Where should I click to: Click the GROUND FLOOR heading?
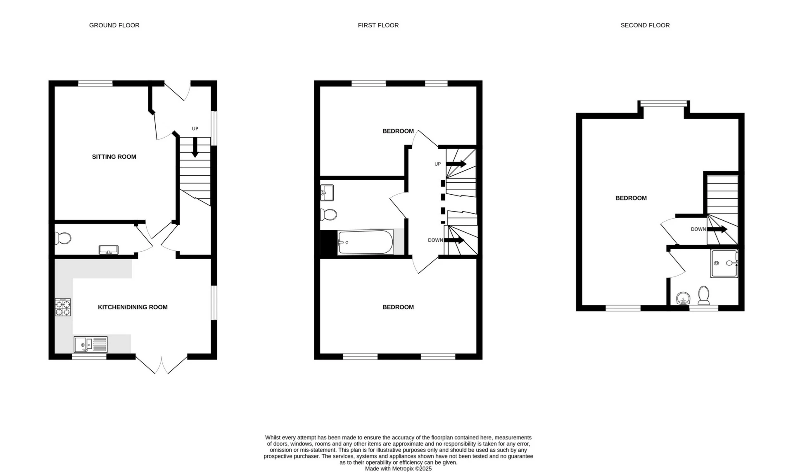pos(114,25)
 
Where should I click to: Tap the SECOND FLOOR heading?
pos(645,25)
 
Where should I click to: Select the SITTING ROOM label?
pos(114,157)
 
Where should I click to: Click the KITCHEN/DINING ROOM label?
pos(133,307)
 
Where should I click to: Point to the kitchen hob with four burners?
pos(63,307)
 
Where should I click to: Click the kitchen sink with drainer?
pos(91,344)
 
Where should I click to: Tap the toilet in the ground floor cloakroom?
pos(63,238)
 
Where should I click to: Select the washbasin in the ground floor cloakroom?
pos(108,250)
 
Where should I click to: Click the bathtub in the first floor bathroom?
pos(365,243)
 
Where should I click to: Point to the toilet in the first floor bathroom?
pos(328,215)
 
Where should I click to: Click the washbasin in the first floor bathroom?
pos(327,193)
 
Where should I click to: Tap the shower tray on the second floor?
pos(724,263)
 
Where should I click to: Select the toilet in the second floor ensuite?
pos(703,295)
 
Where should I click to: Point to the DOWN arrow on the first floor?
pos(454,240)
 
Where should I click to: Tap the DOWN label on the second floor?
pos(698,229)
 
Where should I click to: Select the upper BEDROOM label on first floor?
pos(398,131)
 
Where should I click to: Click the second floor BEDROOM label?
pos(631,198)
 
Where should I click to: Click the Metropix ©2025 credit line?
pos(398,469)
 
